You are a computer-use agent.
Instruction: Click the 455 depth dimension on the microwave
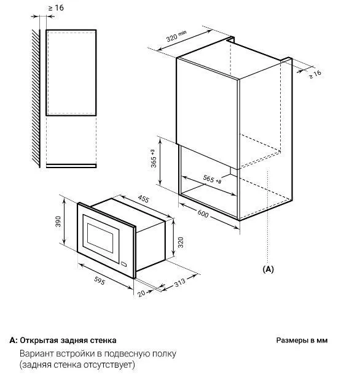(143, 199)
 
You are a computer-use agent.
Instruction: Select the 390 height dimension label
(58, 222)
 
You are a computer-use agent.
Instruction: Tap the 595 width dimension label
(100, 280)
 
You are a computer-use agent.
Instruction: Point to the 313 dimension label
(180, 282)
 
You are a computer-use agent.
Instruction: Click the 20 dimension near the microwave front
(141, 293)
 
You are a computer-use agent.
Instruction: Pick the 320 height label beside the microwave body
(181, 242)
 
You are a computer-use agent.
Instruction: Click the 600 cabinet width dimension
(203, 214)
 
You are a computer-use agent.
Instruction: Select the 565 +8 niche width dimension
(212, 179)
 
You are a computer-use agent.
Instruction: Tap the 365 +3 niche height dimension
(154, 158)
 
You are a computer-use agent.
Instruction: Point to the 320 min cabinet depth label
(176, 36)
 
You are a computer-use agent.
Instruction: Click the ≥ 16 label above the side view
(56, 8)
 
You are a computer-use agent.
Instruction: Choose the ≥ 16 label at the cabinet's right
(315, 74)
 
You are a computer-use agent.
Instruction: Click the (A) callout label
(268, 269)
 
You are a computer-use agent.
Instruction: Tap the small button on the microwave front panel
(124, 264)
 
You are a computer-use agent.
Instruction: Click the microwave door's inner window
(100, 238)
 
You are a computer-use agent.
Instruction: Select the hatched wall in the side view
(36, 98)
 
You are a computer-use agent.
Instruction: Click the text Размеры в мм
(302, 340)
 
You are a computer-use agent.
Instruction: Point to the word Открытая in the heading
(39, 340)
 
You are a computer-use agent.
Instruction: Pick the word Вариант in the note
(36, 353)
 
